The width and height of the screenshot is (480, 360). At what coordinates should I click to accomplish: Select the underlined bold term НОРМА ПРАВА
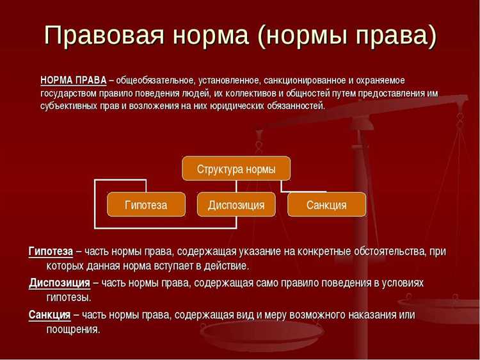pos(74,80)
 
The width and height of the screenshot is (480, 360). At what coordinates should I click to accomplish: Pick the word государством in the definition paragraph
pos(69,93)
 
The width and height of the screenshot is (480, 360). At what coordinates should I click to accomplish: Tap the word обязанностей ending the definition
pos(296,106)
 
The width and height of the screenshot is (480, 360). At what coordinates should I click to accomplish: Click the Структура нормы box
pos(236,169)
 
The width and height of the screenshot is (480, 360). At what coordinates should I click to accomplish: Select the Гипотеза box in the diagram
pos(146,205)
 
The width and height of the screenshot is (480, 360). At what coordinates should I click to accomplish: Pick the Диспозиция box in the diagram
pos(236,205)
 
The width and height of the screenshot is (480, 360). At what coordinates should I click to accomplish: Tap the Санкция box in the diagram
pos(326,205)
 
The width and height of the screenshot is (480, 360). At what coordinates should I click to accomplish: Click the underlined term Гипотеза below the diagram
pos(51,251)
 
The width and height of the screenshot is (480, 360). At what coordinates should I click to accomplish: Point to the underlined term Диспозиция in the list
pos(60,282)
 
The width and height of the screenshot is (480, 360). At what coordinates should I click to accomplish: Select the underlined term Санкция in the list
pos(49,315)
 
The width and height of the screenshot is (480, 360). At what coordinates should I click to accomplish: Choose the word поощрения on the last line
pos(72,329)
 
